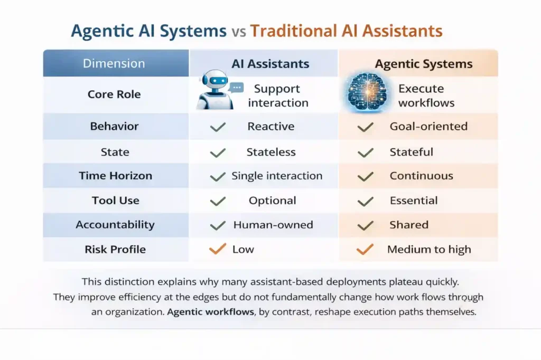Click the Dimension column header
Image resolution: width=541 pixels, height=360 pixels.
coord(114,64)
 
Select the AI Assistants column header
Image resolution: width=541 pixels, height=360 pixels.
coord(270,64)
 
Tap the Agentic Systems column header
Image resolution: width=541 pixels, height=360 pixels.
coord(424,64)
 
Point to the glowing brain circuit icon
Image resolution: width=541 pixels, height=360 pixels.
coord(368,92)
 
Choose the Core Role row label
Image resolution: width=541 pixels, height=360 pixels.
coord(114,94)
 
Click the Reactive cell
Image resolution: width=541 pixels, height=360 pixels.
coord(270,127)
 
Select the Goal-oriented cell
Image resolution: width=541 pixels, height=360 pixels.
coord(428,127)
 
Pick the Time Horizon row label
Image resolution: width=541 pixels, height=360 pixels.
coord(115,176)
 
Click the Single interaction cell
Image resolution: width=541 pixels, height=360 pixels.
coord(277,176)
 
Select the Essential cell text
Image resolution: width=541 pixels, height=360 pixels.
coord(414,201)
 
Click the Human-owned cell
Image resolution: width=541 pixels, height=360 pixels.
coord(273,225)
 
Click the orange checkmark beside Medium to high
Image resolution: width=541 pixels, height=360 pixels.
coord(365,249)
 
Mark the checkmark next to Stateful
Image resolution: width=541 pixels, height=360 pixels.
coord(365,153)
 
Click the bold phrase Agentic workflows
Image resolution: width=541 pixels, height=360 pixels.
coord(210,311)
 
